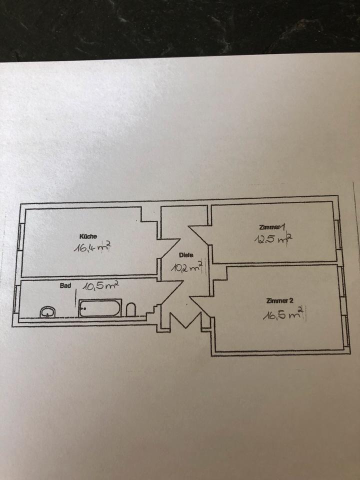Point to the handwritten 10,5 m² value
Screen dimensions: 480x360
100,286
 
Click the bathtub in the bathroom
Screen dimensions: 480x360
99,308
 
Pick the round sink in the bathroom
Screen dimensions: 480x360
48,312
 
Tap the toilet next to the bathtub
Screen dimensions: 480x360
131,309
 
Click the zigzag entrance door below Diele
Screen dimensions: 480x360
185,320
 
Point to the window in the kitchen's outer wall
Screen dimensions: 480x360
20,237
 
